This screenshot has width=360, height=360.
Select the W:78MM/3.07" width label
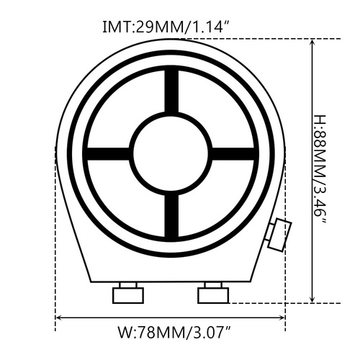(x=173, y=333)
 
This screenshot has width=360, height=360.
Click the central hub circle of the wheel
(x=171, y=152)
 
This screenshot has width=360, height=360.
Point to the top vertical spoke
(x=171, y=91)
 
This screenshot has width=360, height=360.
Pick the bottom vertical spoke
(x=171, y=214)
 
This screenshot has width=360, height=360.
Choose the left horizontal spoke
(x=108, y=153)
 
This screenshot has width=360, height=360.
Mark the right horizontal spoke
(x=233, y=153)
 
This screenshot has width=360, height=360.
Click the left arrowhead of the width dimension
(x=60, y=317)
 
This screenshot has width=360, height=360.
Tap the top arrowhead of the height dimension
(x=311, y=43)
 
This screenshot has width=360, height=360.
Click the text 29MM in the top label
(x=157, y=27)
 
